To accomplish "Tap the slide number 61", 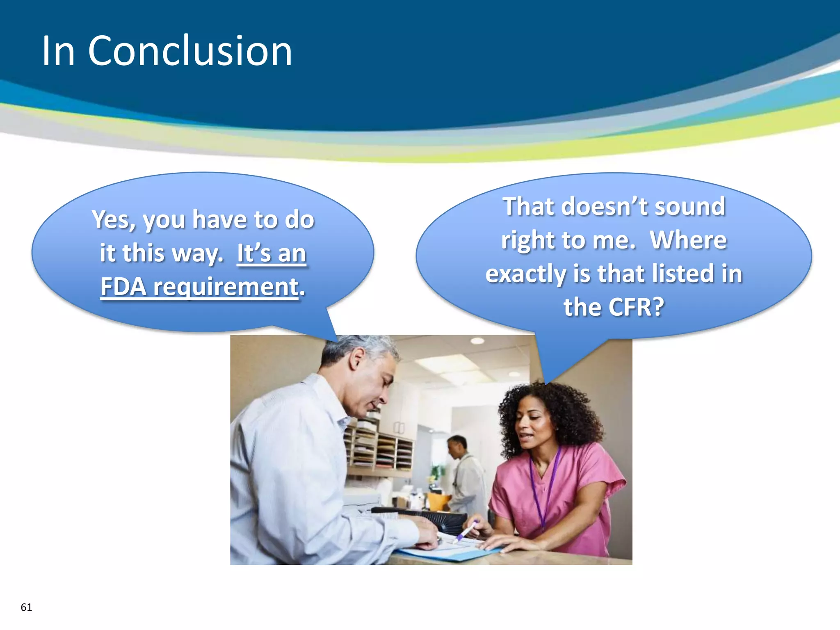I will click(26, 607).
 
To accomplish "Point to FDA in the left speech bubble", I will click(123, 287).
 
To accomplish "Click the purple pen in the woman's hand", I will click(467, 531).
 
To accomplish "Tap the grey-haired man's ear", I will click(356, 359).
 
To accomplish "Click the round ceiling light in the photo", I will click(477, 341).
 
